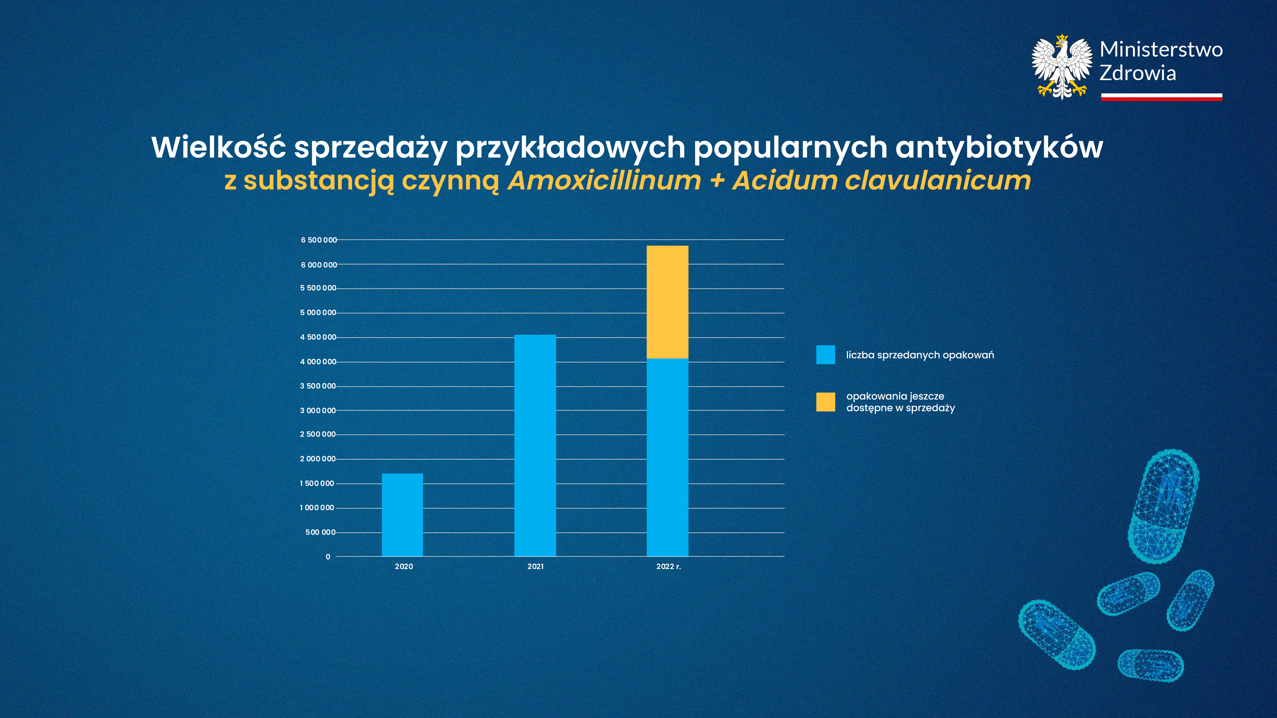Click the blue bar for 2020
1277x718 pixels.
[402, 515]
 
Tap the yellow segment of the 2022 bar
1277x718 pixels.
[667, 302]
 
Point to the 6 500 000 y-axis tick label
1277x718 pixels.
[319, 240]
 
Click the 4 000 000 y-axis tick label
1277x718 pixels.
[318, 362]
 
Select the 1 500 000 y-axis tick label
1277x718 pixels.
[317, 483]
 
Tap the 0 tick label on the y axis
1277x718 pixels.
[328, 556]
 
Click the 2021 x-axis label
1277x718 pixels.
[535, 566]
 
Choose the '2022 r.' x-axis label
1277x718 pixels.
[668, 566]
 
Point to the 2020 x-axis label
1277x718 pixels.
[403, 566]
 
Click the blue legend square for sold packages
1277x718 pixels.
[825, 355]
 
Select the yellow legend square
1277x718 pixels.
[825, 402]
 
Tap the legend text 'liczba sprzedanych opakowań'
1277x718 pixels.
[920, 355]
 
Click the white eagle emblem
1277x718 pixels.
[1062, 67]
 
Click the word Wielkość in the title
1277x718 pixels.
[218, 147]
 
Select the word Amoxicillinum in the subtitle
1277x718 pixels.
[604, 180]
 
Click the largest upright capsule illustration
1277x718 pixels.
[1163, 506]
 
